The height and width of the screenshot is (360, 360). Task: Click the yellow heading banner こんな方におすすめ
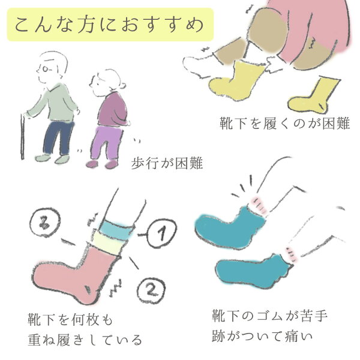point(110,25)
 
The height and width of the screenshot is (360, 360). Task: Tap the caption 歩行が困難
point(167,163)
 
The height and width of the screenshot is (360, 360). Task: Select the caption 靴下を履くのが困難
point(284,123)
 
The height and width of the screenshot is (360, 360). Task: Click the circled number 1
point(161,233)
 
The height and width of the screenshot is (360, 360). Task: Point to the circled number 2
point(151,290)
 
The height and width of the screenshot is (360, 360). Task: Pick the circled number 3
point(45,222)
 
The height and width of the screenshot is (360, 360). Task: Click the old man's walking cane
point(23,136)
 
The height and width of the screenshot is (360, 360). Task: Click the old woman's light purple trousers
point(106,142)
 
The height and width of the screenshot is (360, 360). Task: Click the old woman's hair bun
point(122,86)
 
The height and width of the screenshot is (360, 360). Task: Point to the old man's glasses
point(45,68)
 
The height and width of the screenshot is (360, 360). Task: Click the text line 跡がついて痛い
point(262,336)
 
